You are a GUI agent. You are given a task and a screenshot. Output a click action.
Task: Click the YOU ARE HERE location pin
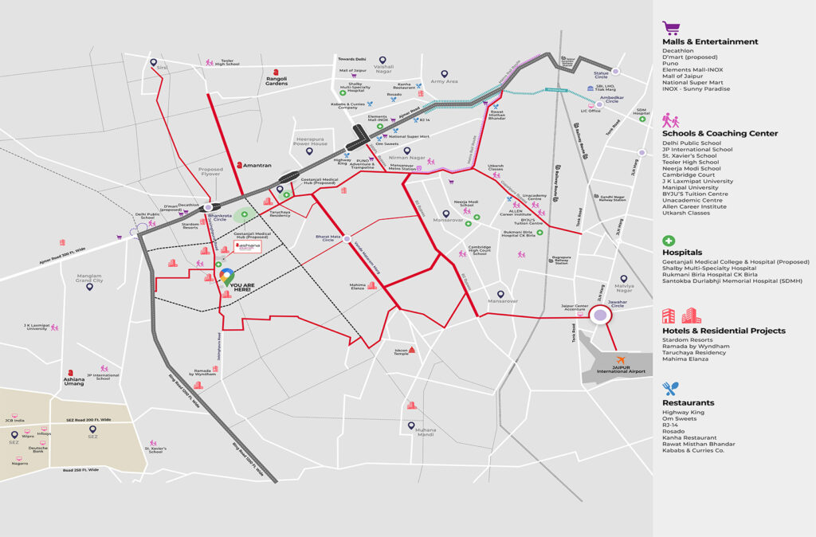[227, 276]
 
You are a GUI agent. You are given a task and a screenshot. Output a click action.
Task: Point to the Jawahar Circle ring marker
[599, 316]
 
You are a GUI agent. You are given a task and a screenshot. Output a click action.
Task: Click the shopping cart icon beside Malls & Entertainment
[670, 28]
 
